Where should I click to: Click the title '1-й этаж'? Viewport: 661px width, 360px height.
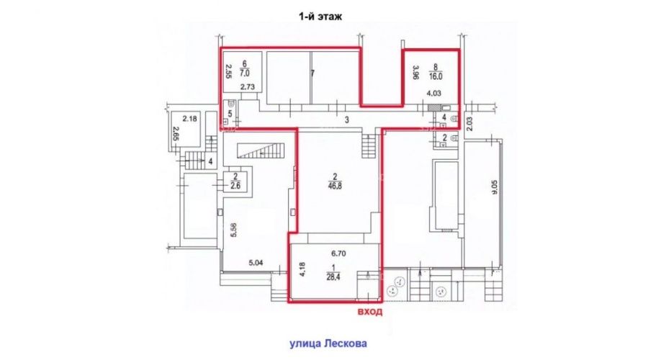coord(320,17)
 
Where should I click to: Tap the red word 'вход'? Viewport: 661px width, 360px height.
coord(370,312)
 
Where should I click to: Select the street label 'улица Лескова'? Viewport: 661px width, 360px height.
coord(328,343)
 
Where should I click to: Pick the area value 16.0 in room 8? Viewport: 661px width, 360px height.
coord(436,77)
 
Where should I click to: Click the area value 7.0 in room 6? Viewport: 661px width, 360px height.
coord(245,73)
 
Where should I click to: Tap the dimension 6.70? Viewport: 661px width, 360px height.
coord(338,253)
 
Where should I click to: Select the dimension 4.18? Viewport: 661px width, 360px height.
coord(302,269)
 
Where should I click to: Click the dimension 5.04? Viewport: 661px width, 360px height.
coord(256,263)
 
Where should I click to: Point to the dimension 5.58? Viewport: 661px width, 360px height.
coord(234,230)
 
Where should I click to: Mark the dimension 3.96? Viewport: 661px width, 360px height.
coord(415,72)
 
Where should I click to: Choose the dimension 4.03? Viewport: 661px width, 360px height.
coord(433,94)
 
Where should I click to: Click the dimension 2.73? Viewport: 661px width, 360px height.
coord(248,87)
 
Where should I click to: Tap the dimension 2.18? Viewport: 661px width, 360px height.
coord(189,119)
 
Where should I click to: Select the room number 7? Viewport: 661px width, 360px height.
coord(312,73)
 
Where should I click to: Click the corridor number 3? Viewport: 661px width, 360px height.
coord(347,120)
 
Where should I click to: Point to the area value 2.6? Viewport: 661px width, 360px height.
coord(235,185)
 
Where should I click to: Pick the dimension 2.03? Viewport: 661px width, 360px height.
coord(470,124)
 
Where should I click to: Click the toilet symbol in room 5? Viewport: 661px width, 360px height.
coord(230,104)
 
